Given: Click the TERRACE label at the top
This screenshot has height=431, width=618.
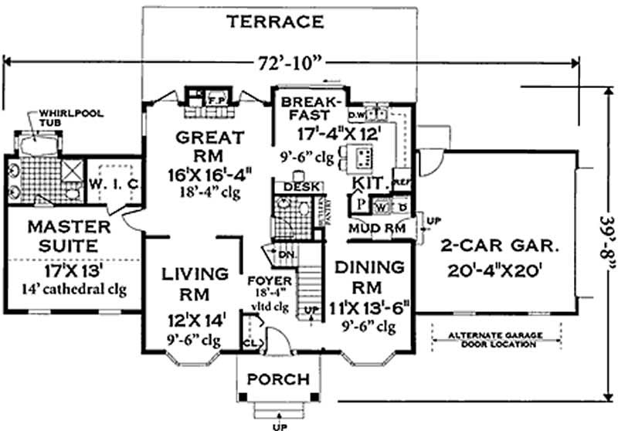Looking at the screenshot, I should click(x=275, y=22).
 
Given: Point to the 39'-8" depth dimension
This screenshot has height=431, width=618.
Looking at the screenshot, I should click(x=607, y=235).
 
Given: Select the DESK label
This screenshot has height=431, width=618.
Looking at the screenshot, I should click(x=287, y=187).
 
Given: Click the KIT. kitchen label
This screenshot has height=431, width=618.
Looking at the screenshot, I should click(x=370, y=184).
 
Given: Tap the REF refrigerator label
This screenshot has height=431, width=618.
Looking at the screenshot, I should click(x=402, y=183).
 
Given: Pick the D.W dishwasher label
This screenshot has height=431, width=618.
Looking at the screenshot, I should click(x=356, y=115).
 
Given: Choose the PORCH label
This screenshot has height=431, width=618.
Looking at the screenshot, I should click(x=278, y=380).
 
